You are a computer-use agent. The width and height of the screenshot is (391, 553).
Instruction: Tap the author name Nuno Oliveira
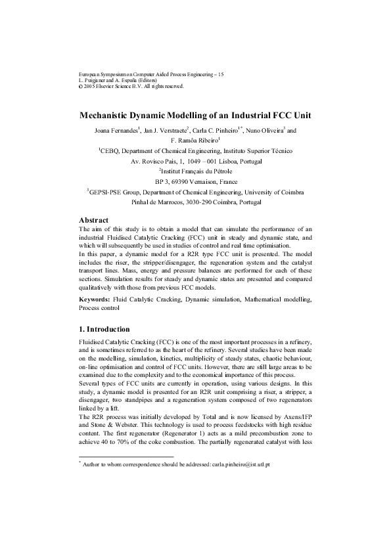[x=264, y=131]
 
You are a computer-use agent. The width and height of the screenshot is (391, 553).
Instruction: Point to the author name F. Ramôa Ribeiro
[x=195, y=141]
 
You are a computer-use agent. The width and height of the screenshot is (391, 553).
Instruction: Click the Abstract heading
[x=93, y=219]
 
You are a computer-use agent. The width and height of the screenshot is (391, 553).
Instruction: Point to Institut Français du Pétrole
[x=196, y=171]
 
